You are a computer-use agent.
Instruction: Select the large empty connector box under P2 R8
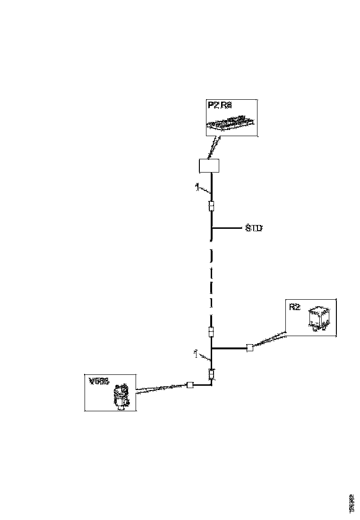tap(209, 166)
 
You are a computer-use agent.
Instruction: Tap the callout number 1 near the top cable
tap(197, 187)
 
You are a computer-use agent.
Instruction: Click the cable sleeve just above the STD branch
tap(211, 207)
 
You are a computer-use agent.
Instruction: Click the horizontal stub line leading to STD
tap(227, 228)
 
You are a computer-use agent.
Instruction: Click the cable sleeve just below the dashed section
tap(211, 332)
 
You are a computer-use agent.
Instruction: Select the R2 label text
tap(294, 307)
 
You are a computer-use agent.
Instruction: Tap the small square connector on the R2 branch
tap(249, 348)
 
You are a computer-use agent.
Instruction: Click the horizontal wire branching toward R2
tap(229, 348)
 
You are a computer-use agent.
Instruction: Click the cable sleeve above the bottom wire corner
tap(212, 374)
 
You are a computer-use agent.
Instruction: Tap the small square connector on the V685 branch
tap(190, 385)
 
